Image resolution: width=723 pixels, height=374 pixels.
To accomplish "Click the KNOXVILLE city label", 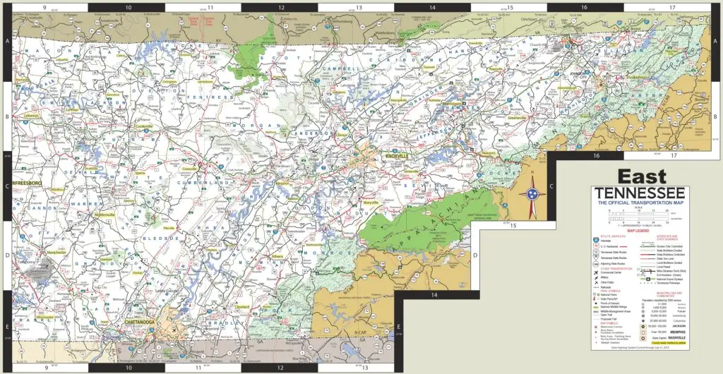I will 398,156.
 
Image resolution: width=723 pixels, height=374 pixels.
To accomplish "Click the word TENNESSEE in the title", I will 639,193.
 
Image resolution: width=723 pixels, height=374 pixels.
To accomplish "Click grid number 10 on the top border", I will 127,8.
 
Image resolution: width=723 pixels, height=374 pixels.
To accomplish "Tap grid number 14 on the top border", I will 433,8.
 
